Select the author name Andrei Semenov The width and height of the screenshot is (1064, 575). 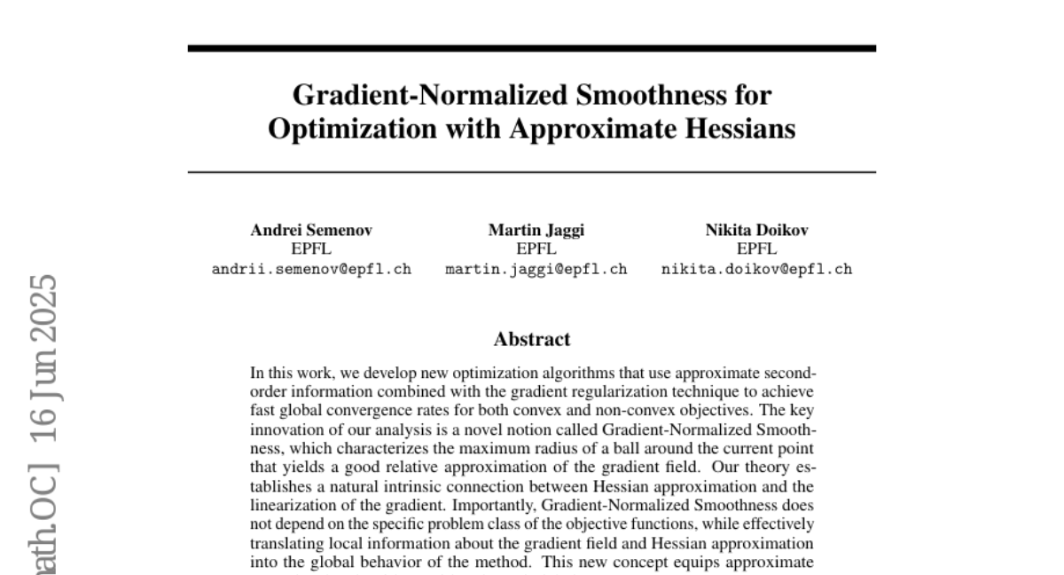tap(311, 230)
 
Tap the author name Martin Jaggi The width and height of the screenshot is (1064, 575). tap(536, 230)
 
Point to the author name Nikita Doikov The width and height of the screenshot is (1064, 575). tap(756, 230)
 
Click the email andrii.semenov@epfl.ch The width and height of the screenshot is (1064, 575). tap(311, 269)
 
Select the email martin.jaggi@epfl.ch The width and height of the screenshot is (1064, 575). tap(536, 269)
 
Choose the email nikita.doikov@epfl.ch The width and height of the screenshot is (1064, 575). tap(756, 269)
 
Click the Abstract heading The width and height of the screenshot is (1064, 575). tap(532, 338)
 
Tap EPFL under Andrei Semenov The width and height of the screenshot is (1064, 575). tap(311, 248)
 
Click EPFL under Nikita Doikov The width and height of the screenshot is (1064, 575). tap(756, 248)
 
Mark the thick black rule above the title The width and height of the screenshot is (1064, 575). tap(532, 48)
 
